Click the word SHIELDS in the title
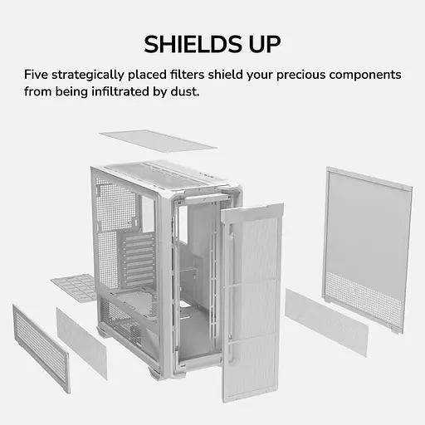click(193, 44)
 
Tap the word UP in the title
click(265, 44)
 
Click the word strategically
click(88, 75)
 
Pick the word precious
click(301, 75)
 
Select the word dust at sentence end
click(185, 91)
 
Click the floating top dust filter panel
click(158, 141)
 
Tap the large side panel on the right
click(367, 249)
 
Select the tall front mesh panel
click(252, 301)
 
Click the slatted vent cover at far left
click(41, 349)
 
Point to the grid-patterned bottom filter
click(75, 288)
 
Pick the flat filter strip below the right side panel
click(326, 322)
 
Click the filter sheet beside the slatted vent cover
click(81, 343)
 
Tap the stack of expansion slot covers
click(139, 260)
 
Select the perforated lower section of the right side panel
click(363, 299)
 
